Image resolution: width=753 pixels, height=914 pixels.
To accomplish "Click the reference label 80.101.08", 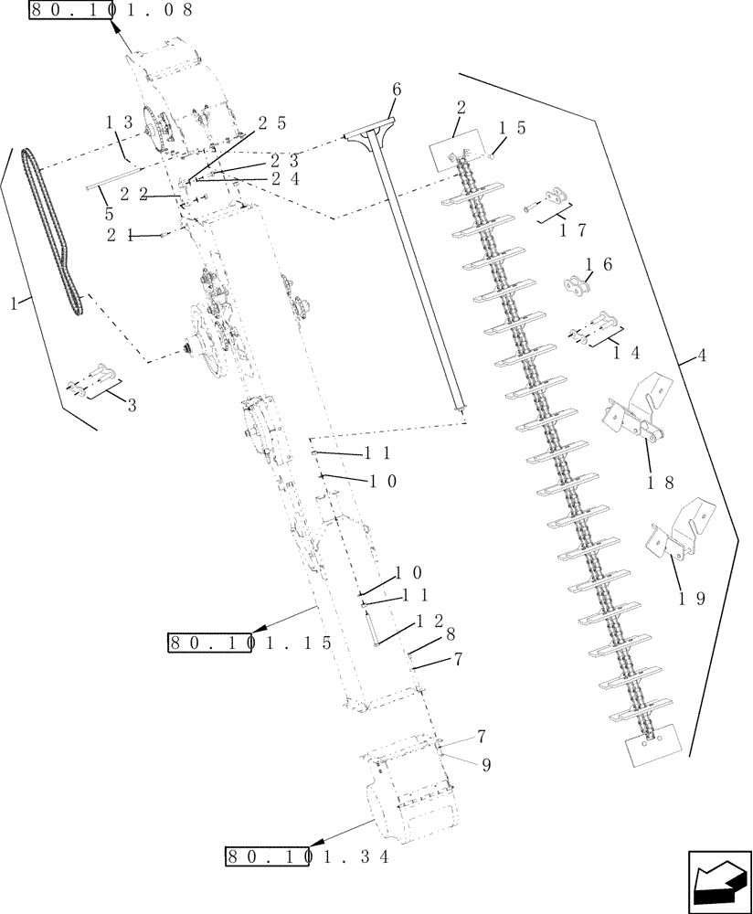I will (111, 11).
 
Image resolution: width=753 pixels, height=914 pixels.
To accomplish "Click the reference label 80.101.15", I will (249, 643).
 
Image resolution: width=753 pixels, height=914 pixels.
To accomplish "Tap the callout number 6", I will (396, 90).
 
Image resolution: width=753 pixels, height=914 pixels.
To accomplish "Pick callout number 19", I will (693, 600).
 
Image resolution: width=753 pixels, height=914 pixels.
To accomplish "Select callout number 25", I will (271, 122).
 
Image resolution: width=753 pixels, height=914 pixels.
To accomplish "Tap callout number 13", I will (119, 122).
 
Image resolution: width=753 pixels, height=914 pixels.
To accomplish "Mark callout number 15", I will (512, 129).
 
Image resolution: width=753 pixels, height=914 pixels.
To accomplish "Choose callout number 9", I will (486, 766).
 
